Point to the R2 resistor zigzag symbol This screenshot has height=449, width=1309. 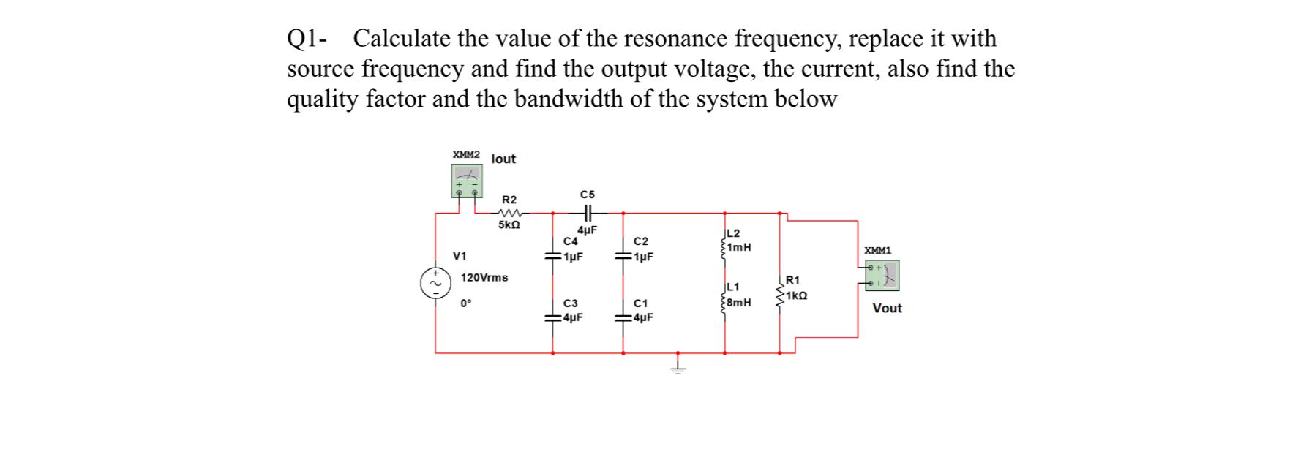tap(510, 214)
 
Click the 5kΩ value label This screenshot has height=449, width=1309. tap(509, 225)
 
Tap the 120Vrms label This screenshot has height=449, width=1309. tap(484, 278)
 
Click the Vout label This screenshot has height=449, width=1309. tap(887, 309)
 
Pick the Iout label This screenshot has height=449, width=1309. tap(503, 159)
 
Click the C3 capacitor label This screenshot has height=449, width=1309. tap(571, 303)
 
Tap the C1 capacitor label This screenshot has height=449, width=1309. tap(640, 303)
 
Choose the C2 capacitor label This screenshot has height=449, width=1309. tap(640, 241)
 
